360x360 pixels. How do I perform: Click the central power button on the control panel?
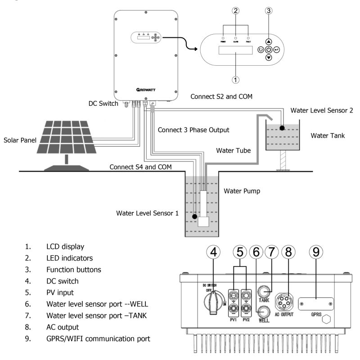click(x=269, y=49)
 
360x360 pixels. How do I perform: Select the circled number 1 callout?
click(x=235, y=79)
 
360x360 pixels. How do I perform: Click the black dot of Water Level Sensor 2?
click(x=283, y=128)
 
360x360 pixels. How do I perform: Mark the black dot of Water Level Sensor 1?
click(x=194, y=216)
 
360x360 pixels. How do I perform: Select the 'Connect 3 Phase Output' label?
click(x=194, y=130)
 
